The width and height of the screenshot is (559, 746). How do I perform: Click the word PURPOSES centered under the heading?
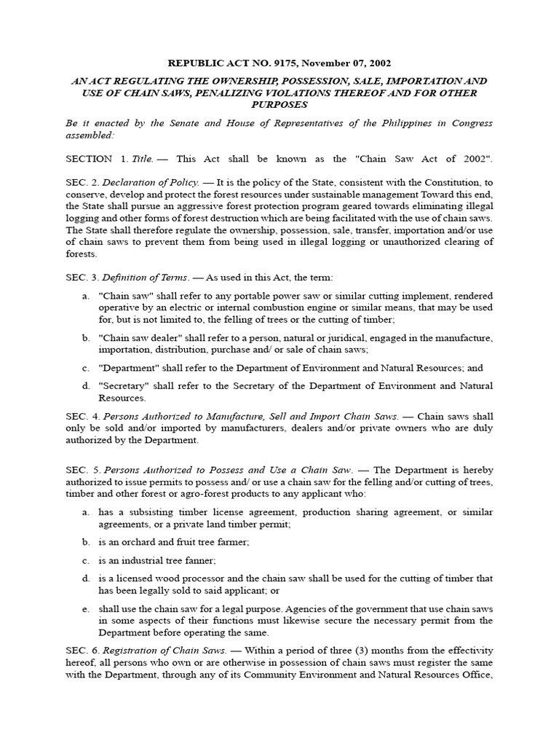click(279, 106)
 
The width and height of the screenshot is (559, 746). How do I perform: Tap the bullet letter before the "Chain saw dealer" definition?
click(85, 338)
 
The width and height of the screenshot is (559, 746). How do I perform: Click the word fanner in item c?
click(199, 560)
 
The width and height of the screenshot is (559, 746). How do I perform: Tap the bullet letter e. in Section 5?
click(85, 608)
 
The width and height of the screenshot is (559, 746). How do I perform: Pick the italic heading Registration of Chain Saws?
click(166, 651)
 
